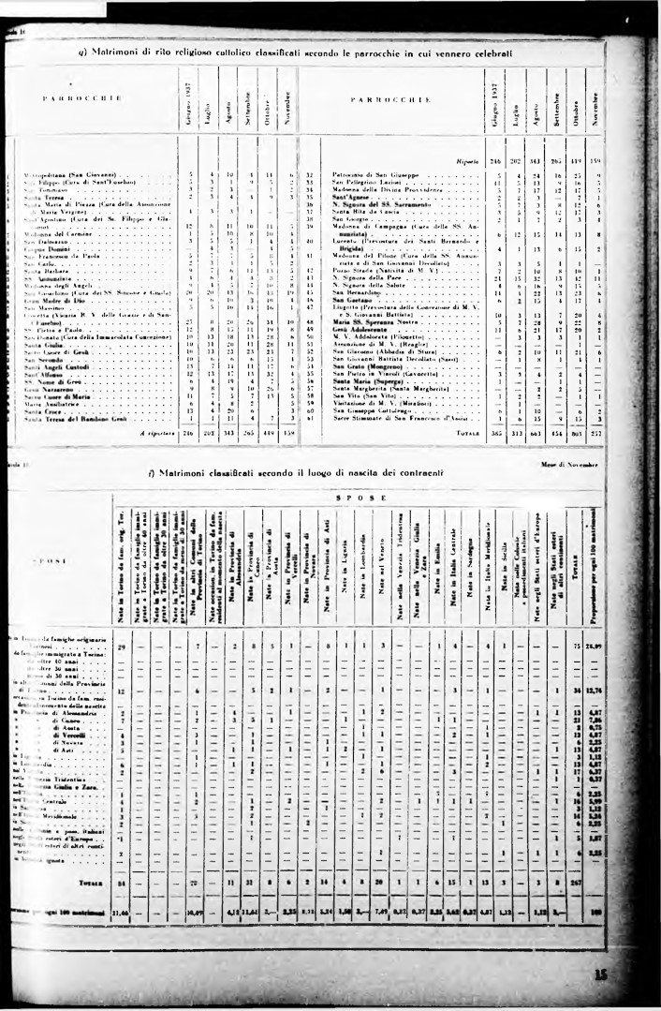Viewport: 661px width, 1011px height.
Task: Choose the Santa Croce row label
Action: coord(42,411)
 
